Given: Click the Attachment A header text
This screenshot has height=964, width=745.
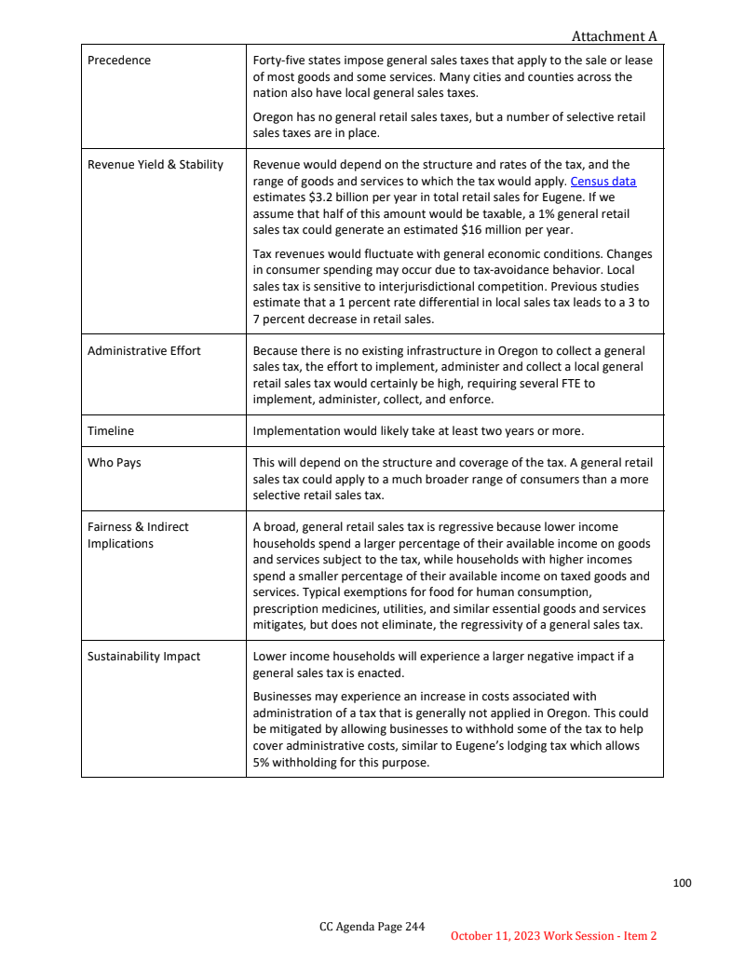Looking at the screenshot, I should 614,36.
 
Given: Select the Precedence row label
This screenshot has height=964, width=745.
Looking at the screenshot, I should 119,61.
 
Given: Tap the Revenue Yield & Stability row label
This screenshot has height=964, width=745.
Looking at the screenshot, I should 156,165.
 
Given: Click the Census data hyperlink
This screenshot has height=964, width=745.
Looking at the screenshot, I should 603,182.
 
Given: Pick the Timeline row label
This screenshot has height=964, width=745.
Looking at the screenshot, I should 111,431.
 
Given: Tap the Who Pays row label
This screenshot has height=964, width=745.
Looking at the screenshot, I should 115,463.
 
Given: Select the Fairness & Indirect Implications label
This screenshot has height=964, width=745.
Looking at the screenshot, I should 138,536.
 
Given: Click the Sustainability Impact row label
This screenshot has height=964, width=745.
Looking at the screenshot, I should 144,657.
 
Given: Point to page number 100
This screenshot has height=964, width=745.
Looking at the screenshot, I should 683,883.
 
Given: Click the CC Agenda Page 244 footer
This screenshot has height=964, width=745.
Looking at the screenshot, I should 372,927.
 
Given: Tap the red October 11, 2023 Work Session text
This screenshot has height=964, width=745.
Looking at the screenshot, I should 554,936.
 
